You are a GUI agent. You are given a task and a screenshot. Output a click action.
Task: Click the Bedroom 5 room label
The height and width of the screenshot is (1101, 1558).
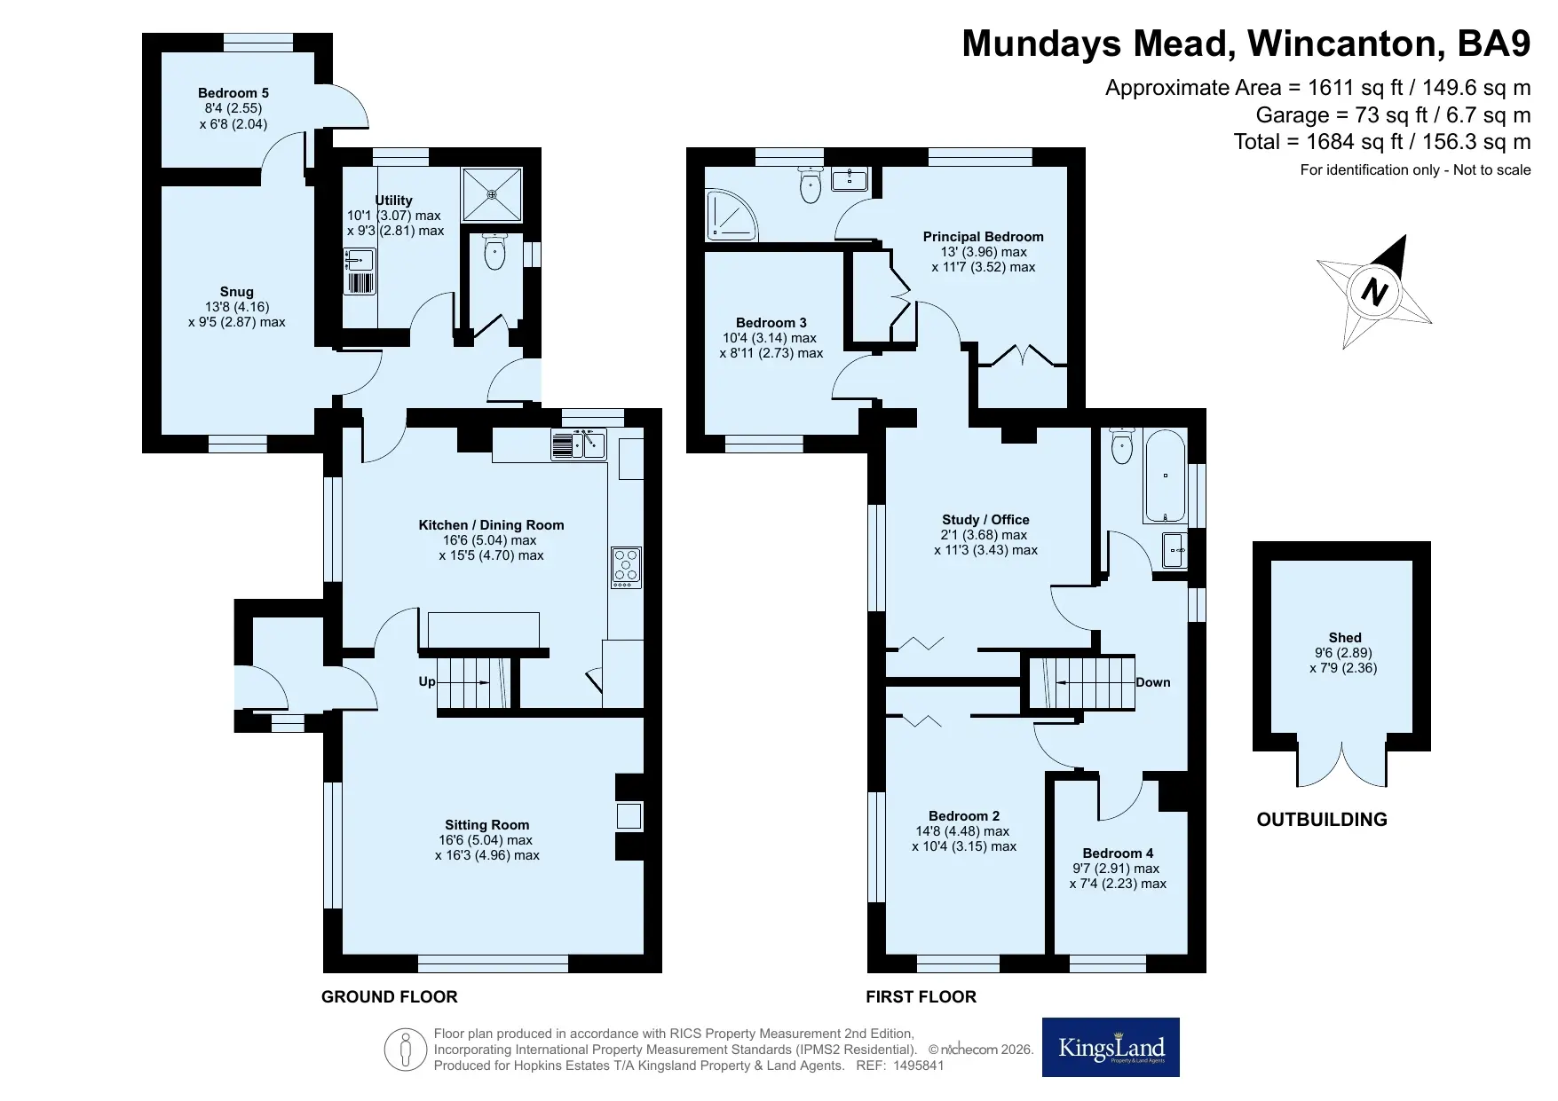[233, 93]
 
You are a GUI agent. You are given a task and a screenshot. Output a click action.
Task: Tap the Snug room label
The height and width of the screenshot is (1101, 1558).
[237, 292]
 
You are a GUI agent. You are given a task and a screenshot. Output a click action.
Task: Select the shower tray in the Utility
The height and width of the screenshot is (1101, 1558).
[491, 192]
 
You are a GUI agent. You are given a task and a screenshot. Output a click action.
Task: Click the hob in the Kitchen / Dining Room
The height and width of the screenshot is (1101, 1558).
[626, 568]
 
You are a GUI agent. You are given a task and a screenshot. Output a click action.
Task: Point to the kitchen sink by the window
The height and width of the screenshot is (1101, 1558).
[578, 444]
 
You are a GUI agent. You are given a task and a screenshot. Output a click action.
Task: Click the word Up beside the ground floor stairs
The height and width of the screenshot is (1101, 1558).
[427, 682]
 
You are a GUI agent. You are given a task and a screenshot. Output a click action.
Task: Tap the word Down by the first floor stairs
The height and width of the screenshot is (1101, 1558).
[1153, 682]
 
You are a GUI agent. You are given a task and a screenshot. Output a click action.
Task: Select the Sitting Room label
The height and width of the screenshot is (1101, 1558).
[487, 825]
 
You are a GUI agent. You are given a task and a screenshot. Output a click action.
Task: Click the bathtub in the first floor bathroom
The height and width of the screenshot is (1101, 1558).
[1164, 476]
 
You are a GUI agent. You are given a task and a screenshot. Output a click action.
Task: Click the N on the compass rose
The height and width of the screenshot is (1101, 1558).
[1374, 291]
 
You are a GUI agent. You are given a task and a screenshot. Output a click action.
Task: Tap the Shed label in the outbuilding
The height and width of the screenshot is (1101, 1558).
[1345, 638]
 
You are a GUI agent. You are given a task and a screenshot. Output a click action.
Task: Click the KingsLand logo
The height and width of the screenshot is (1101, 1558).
[1111, 1048]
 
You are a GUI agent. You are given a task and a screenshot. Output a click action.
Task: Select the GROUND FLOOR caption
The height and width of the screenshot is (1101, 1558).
[390, 997]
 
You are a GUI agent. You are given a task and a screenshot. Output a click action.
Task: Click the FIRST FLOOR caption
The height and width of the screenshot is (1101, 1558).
[921, 997]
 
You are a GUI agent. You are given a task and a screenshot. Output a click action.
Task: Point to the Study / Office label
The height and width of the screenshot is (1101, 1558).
[985, 520]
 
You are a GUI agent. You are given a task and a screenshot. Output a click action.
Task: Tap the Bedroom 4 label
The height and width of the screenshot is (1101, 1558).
[1118, 853]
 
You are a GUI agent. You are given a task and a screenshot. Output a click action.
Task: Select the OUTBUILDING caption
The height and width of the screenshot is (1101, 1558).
[1322, 820]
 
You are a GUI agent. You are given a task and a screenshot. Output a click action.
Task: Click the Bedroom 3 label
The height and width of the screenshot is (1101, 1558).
[771, 323]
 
